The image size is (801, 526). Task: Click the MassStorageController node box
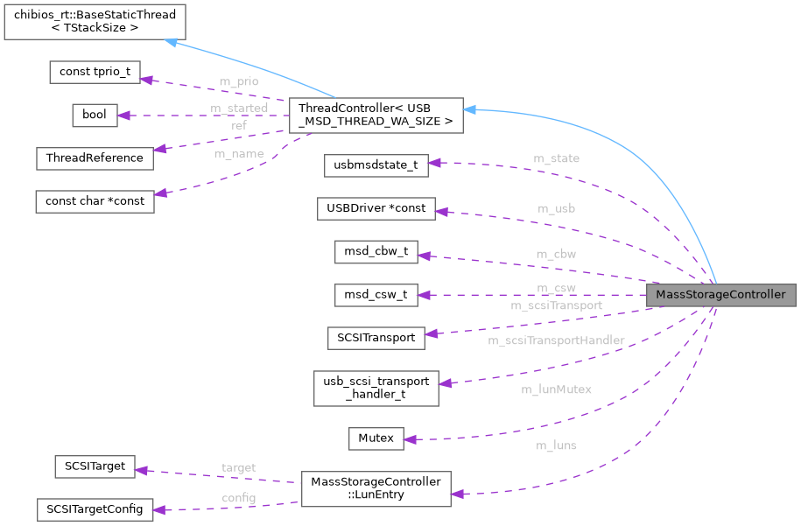(x=720, y=295)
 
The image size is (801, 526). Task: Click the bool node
(x=94, y=115)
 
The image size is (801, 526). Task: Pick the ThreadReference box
(x=95, y=158)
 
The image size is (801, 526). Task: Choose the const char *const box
(x=94, y=201)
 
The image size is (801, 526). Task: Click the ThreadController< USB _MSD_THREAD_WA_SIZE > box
(x=376, y=116)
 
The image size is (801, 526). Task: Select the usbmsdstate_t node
(x=375, y=165)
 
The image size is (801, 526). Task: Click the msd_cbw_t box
(x=376, y=252)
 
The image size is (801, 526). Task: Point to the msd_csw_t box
(x=376, y=295)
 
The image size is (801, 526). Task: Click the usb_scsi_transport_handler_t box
(x=376, y=388)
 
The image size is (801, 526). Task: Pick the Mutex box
(x=376, y=438)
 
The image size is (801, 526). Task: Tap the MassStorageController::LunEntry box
(x=376, y=488)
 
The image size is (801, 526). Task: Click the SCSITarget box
(x=94, y=466)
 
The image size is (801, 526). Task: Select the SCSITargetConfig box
(x=95, y=508)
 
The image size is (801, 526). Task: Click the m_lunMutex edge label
(x=557, y=389)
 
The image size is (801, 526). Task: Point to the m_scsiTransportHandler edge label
(x=556, y=340)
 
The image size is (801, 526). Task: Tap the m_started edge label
(x=239, y=108)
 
